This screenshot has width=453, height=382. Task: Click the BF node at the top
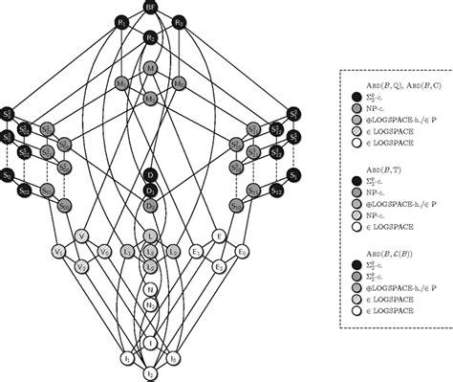pos(150,7)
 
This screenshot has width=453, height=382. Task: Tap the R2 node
pos(150,38)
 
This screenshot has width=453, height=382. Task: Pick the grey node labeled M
pos(150,69)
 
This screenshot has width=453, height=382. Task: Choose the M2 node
pos(150,99)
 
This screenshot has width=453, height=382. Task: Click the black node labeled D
pos(150,174)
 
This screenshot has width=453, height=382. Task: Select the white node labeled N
pos(150,288)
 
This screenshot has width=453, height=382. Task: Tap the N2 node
pos(150,303)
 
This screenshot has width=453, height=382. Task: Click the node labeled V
pos(81,236)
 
